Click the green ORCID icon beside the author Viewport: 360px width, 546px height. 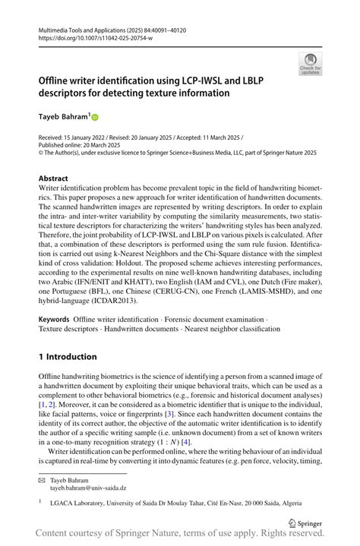pos(96,118)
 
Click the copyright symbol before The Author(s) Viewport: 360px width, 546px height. pos(41,152)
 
